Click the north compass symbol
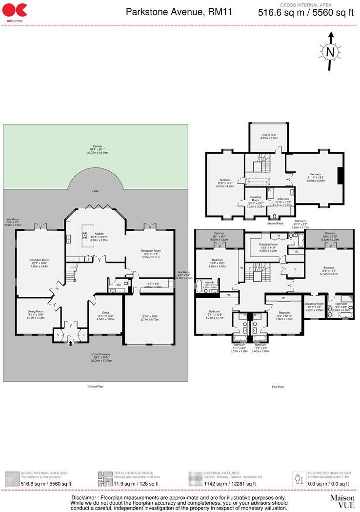pos(330,51)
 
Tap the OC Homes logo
pos(14,11)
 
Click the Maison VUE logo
pos(342,501)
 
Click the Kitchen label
pos(99,234)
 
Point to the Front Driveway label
pos(95,355)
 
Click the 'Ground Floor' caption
pos(95,386)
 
